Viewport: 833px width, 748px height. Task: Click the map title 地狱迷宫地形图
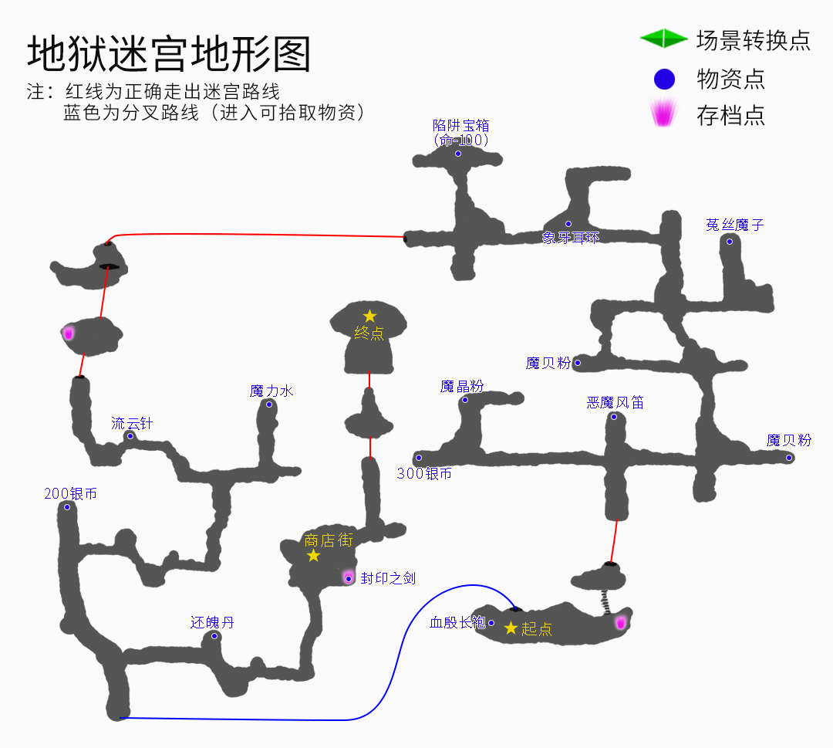[x=169, y=55]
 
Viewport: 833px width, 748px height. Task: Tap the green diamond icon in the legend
[x=663, y=38]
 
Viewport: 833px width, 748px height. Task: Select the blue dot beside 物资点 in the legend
[x=663, y=79]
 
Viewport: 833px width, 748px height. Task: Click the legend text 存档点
[x=730, y=116]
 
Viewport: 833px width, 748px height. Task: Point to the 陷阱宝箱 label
[x=461, y=125]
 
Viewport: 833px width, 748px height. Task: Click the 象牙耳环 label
[x=570, y=238]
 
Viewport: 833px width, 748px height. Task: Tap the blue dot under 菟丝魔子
[x=730, y=242]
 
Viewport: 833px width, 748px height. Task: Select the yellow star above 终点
[x=369, y=316]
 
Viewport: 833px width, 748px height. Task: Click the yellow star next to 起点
[x=511, y=628]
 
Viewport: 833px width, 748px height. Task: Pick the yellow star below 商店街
[x=313, y=555]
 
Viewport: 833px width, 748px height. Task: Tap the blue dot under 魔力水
[x=269, y=404]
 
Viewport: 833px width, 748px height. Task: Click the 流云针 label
[x=132, y=423]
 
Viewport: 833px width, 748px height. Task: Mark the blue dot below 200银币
[x=67, y=507]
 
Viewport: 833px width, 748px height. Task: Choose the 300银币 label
[x=424, y=474]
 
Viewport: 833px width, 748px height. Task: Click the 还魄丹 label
[x=212, y=622]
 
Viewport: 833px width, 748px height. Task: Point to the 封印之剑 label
[x=388, y=578]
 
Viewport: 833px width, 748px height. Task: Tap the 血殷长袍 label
[x=457, y=622]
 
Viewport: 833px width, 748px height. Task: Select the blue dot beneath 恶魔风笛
[x=614, y=417]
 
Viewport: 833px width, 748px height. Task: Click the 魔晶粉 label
[x=462, y=386]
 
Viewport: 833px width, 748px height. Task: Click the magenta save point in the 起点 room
[x=619, y=622]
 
